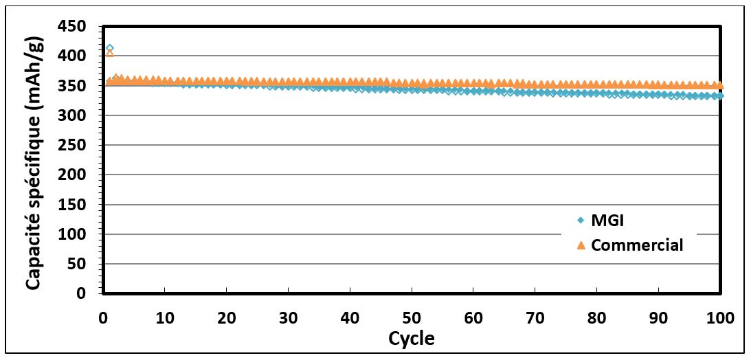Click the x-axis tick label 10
164,318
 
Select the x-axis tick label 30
288,318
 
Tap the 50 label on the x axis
411,318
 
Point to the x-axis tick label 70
535,318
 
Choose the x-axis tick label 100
719,318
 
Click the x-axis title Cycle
411,339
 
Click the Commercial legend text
637,245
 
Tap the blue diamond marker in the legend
581,221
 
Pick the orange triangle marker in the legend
581,245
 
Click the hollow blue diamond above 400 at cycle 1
109,48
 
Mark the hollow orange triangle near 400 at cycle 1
109,53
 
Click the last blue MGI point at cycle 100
719,95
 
